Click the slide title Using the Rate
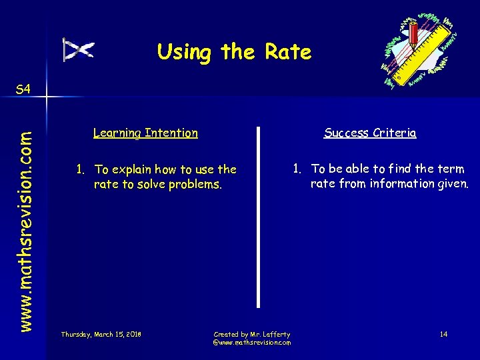[234, 52]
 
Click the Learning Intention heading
[145, 133]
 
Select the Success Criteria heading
[370, 133]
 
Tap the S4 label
[23, 89]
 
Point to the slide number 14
[443, 333]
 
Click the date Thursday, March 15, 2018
[101, 333]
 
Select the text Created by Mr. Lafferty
[251, 333]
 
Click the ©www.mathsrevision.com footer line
[251, 342]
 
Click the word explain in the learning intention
[142, 170]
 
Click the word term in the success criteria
[451, 169]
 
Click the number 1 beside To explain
[79, 170]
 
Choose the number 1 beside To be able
[297, 169]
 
